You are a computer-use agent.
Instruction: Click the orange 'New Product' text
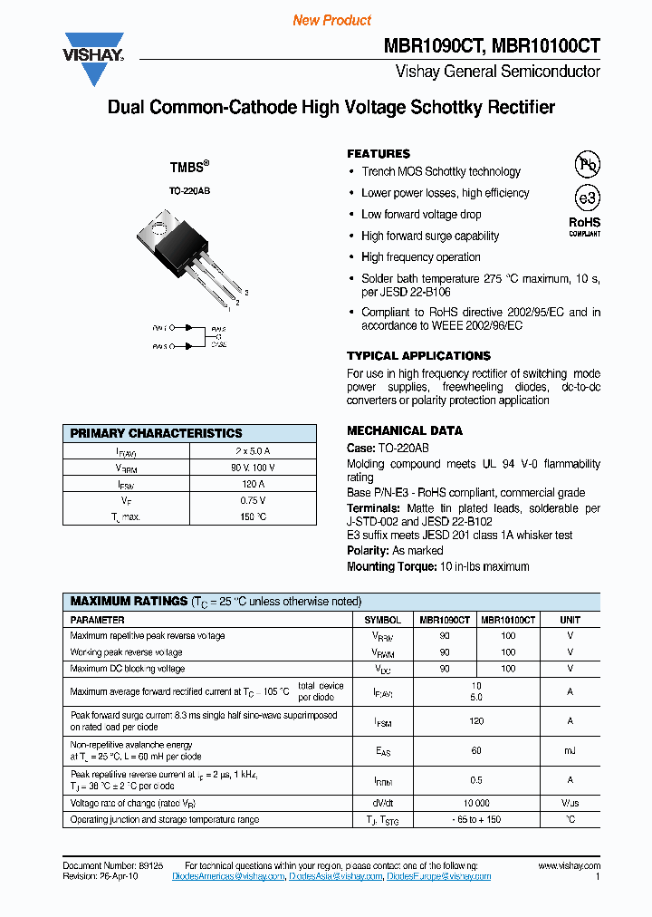click(331, 20)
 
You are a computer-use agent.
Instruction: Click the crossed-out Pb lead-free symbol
click(588, 164)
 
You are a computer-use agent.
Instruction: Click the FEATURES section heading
click(379, 154)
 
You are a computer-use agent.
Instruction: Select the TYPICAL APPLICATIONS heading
click(418, 356)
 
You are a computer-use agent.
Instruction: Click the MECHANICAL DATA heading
click(405, 430)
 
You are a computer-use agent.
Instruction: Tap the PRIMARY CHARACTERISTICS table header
click(157, 433)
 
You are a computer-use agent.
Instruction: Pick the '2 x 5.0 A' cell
click(253, 450)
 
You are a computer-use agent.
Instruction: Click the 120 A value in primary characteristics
click(253, 484)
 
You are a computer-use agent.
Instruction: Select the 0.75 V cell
click(253, 500)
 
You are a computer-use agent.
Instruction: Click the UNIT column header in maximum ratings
click(570, 620)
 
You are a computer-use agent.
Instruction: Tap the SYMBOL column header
click(383, 620)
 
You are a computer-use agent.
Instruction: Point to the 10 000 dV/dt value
click(476, 804)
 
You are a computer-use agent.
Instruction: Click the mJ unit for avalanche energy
click(570, 751)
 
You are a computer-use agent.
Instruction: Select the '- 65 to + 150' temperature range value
click(476, 820)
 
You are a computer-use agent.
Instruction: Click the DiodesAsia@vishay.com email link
click(335, 877)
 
